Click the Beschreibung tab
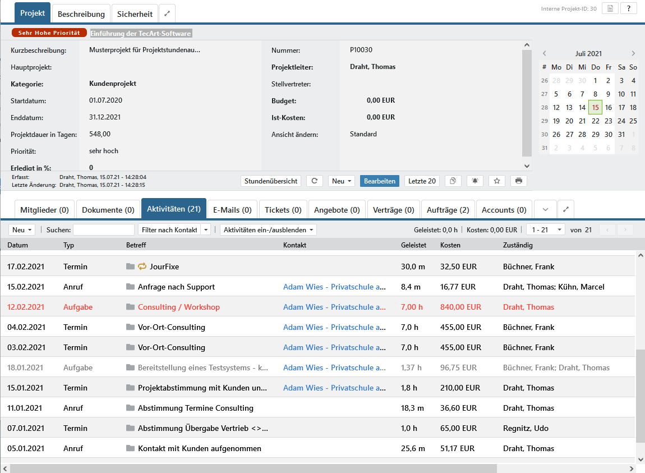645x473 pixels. (81, 14)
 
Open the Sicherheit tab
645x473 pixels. (135, 14)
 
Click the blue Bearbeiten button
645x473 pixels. (379, 181)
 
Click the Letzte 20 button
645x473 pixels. (422, 181)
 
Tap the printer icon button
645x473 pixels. (519, 181)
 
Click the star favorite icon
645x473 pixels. (497, 181)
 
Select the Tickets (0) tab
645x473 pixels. (283, 210)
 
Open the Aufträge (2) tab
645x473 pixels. (448, 210)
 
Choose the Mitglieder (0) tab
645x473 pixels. (44, 210)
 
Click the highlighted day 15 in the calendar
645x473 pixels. (595, 107)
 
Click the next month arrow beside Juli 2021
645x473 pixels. (633, 53)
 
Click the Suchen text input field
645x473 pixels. (104, 229)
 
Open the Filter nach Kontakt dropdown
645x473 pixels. (174, 229)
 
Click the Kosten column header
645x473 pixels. (450, 245)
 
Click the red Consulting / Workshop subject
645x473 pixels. (179, 307)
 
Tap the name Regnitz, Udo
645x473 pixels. (526, 428)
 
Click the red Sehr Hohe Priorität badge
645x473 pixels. (49, 33)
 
